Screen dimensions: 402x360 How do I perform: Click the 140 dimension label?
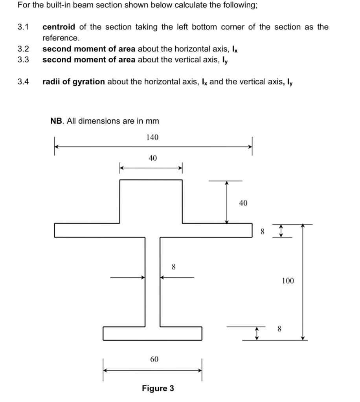click(x=152, y=137)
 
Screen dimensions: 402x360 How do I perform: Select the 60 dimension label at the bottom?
click(x=154, y=359)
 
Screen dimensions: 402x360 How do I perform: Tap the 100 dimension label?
click(x=288, y=281)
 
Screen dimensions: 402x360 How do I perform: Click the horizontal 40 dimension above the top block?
click(x=152, y=158)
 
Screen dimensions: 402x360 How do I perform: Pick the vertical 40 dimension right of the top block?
click(x=243, y=203)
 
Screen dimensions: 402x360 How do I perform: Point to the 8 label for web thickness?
click(x=174, y=267)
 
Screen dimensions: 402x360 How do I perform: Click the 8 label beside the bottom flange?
click(x=279, y=329)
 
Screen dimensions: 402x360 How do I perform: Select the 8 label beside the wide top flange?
click(x=263, y=232)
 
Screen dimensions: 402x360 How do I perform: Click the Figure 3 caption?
click(x=158, y=388)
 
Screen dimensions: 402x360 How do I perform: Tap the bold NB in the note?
click(x=56, y=121)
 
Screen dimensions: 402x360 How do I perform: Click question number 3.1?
click(x=23, y=27)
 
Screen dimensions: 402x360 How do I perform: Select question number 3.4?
click(x=23, y=82)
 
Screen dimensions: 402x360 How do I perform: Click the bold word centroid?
click(x=59, y=27)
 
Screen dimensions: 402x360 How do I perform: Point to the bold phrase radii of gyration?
click(x=73, y=82)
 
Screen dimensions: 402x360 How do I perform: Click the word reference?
click(x=61, y=38)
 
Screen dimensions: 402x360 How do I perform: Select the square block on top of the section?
click(x=151, y=201)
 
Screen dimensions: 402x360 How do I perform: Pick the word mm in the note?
click(x=152, y=121)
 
